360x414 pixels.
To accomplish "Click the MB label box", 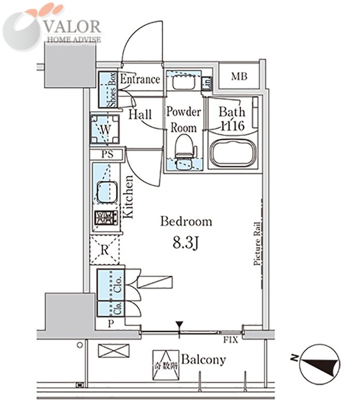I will tap(238, 77).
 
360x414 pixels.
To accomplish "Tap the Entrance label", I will tap(140, 80).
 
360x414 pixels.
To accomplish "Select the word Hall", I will tap(140, 115).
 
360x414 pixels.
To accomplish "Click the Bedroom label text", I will tap(186, 222).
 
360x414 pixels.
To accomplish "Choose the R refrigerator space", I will tap(104, 251).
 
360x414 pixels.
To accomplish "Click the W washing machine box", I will tap(105, 129).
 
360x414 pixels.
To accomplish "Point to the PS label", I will tap(107, 154).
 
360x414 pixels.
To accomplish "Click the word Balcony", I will tap(203, 360).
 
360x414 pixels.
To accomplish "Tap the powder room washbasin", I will tap(182, 83).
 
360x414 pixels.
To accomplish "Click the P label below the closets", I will tap(111, 323).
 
